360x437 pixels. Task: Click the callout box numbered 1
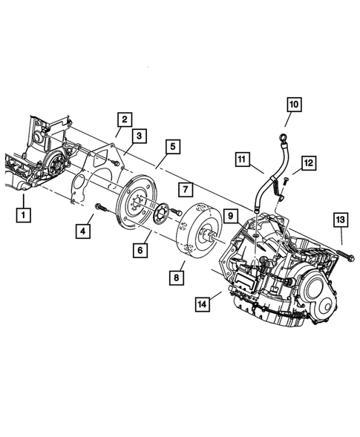[24, 216]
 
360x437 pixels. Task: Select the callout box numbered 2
[125, 119]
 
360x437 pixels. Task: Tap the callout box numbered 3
[140, 135]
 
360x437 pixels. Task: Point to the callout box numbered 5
[171, 147]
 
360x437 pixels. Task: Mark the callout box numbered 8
[177, 277]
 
